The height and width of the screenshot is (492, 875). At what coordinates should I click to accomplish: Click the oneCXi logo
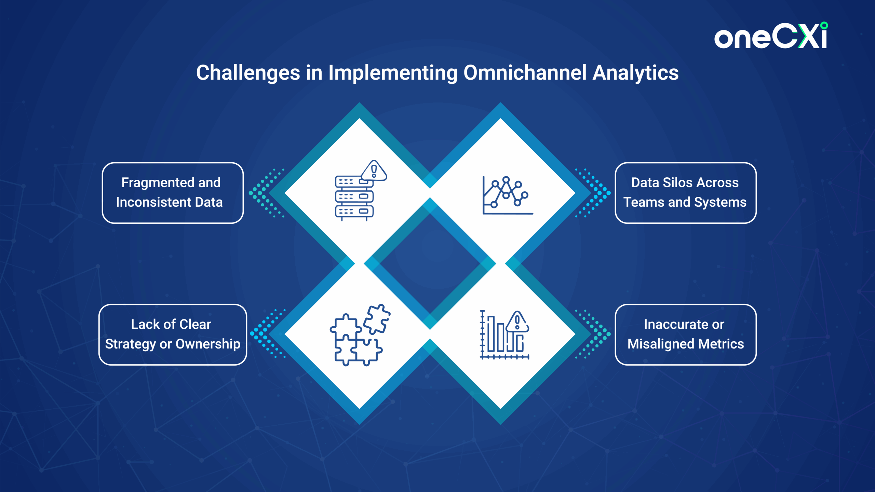click(x=771, y=36)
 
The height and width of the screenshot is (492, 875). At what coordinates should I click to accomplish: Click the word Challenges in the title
click(x=248, y=73)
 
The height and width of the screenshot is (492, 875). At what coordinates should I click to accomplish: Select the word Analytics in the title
click(x=636, y=73)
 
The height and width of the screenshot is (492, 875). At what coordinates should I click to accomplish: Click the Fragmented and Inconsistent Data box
click(x=173, y=193)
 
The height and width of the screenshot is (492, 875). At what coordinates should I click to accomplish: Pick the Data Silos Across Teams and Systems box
click(x=685, y=193)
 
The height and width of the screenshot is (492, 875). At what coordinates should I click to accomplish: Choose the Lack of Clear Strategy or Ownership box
click(x=173, y=334)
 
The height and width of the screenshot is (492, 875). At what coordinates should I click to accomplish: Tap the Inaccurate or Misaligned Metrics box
click(x=685, y=334)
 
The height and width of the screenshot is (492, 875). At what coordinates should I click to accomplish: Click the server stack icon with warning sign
click(x=361, y=190)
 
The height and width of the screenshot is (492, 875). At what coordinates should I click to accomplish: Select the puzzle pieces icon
click(x=360, y=335)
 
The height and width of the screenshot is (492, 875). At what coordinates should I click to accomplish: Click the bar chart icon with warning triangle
click(x=504, y=335)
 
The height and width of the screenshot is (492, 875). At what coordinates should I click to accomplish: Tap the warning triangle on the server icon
click(x=374, y=170)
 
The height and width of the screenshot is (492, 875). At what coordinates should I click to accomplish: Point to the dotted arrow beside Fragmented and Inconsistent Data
click(x=267, y=193)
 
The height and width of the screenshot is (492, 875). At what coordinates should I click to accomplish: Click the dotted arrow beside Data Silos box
click(x=593, y=193)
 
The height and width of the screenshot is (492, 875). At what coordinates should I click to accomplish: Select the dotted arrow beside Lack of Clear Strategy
click(x=268, y=333)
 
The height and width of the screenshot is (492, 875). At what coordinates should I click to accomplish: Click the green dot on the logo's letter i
click(x=824, y=26)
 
